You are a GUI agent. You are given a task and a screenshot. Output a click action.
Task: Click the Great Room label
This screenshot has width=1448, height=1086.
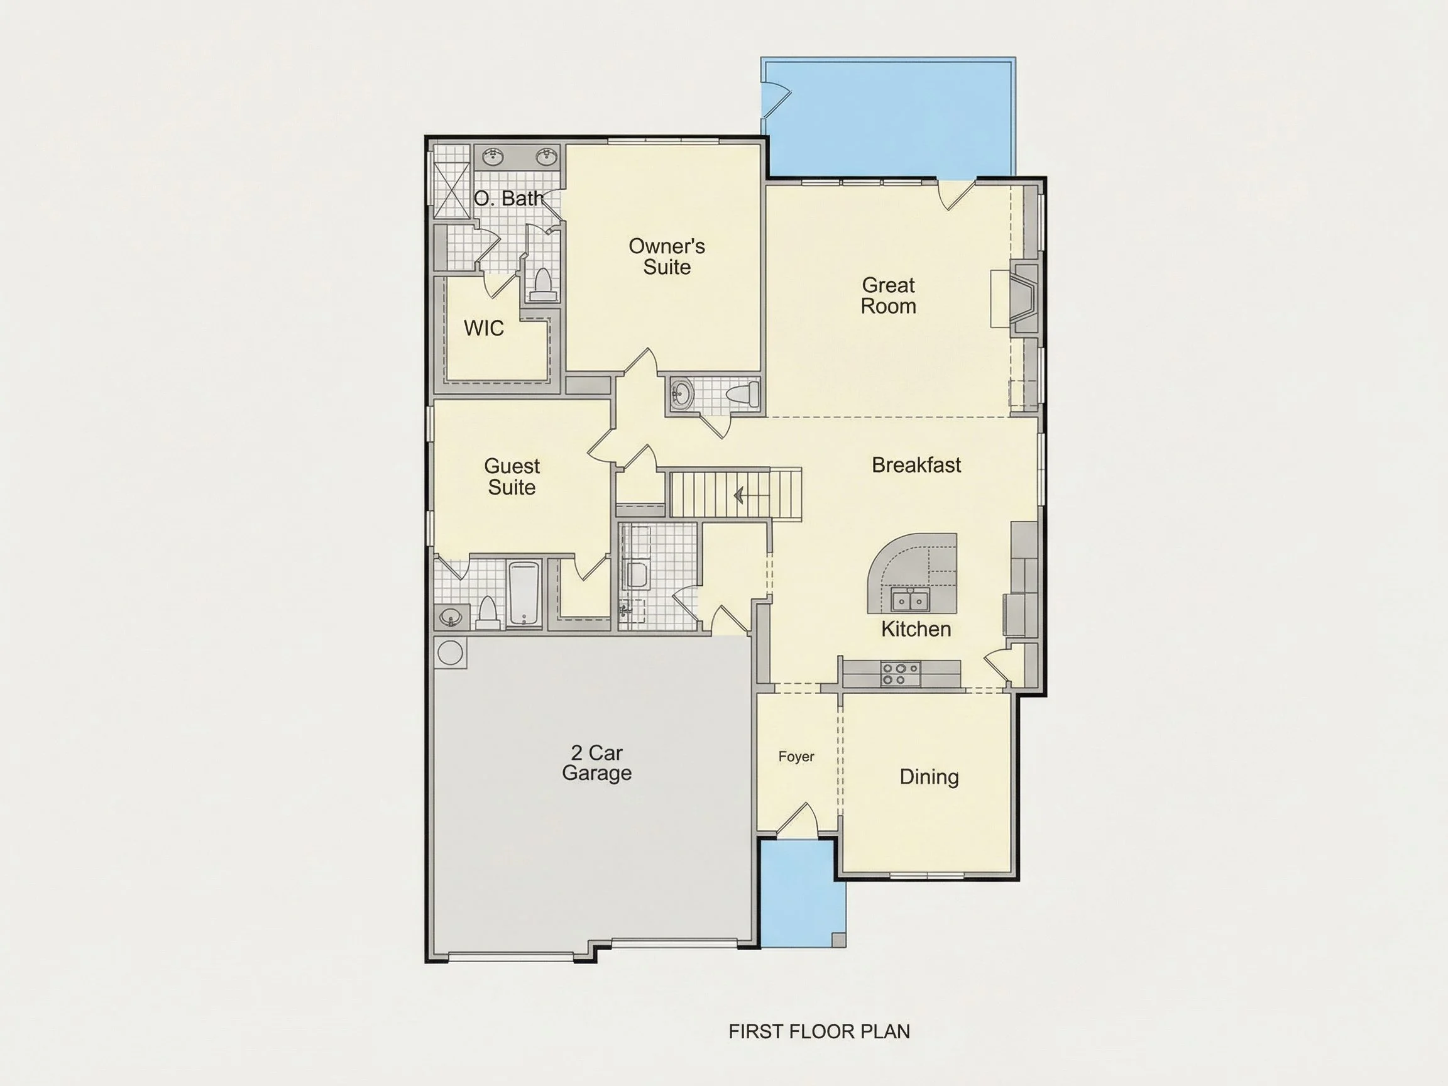[888, 295]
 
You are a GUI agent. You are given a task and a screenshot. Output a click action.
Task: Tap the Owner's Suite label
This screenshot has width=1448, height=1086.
[666, 256]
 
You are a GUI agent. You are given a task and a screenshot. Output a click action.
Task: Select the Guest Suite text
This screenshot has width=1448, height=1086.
[512, 476]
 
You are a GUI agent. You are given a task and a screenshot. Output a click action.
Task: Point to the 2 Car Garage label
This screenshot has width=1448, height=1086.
[596, 762]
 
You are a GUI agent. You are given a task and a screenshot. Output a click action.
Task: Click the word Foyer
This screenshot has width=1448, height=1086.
[796, 757]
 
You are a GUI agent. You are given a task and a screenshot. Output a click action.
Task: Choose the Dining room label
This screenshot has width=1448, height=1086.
[929, 777]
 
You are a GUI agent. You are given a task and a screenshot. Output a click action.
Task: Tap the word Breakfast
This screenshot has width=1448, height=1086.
[916, 465]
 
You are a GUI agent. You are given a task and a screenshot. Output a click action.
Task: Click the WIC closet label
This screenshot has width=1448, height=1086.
[484, 328]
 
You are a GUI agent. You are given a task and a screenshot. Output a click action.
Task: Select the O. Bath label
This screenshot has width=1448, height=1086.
[508, 199]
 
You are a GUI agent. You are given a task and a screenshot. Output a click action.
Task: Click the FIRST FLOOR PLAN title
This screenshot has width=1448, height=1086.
[819, 1032]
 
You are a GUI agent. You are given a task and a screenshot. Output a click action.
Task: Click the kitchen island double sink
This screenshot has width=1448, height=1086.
[910, 600]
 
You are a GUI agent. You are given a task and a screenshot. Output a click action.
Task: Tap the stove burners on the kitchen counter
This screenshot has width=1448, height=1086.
[900, 674]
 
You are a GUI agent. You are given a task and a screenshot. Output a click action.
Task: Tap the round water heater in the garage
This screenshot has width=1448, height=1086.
[450, 652]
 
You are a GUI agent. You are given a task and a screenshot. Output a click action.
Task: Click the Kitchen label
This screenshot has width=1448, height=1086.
[916, 629]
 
